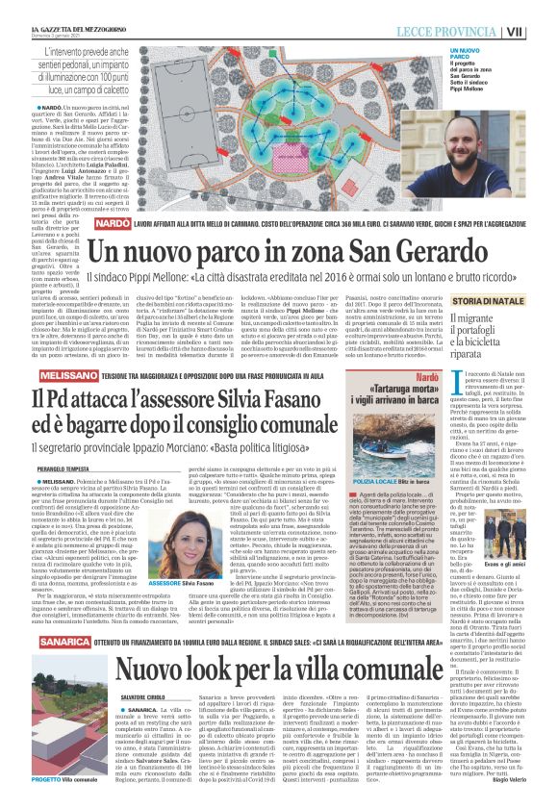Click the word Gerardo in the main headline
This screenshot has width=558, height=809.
point(396,252)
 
